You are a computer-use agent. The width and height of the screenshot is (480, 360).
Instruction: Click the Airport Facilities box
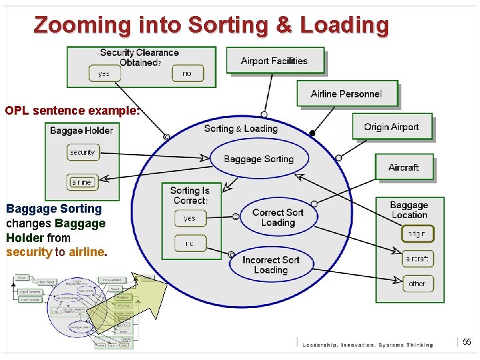275,61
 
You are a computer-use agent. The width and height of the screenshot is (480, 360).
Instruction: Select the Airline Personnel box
347,94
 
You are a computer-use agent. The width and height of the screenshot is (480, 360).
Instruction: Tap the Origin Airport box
391,127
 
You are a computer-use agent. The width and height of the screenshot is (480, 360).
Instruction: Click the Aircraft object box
403,167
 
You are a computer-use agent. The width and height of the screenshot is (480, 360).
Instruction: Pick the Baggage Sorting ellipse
259,159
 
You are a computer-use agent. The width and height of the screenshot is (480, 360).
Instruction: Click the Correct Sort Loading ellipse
278,217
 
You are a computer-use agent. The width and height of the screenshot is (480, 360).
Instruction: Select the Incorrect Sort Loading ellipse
271,265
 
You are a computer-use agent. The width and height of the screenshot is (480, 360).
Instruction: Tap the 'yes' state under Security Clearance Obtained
104,73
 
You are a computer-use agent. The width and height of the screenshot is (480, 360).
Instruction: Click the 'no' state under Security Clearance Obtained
187,73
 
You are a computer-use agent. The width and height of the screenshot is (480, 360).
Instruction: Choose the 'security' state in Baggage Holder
83,153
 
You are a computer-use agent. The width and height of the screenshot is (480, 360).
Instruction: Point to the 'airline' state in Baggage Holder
81,181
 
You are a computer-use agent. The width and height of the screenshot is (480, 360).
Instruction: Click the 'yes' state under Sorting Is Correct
190,218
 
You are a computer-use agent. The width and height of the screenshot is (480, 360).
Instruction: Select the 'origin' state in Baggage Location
417,234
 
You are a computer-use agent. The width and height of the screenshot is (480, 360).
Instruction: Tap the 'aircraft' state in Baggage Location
417,259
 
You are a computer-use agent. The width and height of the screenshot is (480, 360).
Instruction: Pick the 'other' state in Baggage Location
417,283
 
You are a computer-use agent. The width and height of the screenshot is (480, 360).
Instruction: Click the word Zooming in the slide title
84,25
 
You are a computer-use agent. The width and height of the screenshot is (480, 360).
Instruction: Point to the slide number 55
467,342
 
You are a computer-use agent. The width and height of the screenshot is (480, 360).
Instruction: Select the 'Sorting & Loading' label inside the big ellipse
241,129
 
